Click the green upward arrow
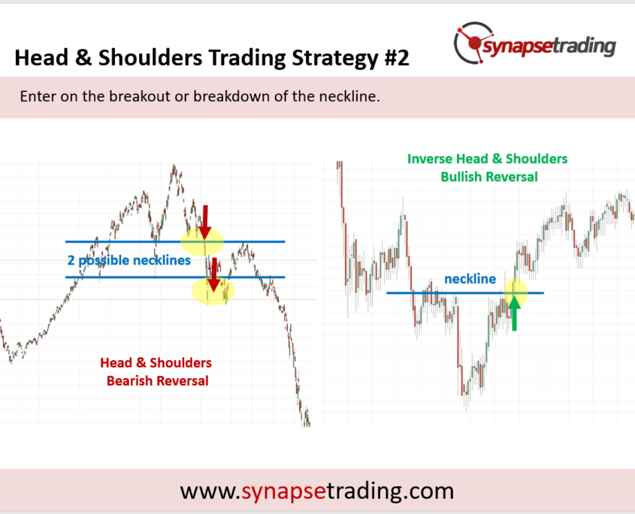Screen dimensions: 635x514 [514, 313]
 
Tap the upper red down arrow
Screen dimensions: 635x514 [205, 222]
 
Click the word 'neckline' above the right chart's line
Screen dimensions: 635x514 [470, 279]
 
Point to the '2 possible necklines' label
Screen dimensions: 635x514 [129, 260]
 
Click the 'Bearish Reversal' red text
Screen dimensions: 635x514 [158, 381]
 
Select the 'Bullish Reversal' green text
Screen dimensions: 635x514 [489, 177]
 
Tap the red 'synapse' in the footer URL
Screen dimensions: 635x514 [283, 491]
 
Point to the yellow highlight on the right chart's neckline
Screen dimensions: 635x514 [516, 292]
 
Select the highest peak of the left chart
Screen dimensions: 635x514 [174, 165]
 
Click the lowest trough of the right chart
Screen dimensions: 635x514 [466, 409]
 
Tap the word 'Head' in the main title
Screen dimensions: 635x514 [41, 58]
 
